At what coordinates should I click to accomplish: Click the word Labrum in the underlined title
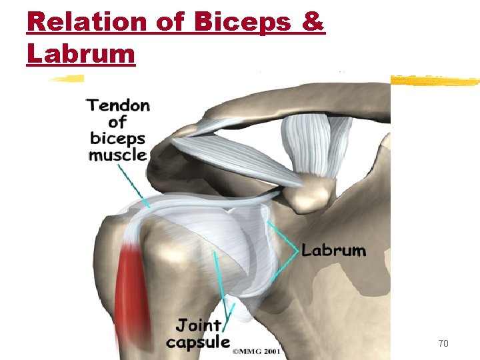click(x=81, y=53)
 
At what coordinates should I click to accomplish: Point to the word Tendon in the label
click(x=119, y=105)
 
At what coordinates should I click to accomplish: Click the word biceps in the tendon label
click(x=118, y=139)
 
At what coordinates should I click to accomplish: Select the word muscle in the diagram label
click(x=118, y=155)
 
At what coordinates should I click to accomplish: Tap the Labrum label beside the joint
click(x=333, y=251)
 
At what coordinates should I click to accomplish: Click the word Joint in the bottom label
click(x=199, y=326)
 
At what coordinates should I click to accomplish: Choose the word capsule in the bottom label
click(x=198, y=342)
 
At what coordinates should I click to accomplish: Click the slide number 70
click(x=443, y=343)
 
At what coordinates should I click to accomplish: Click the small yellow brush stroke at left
click(x=67, y=79)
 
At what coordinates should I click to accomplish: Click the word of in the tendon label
click(x=117, y=122)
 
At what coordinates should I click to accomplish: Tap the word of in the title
click(x=171, y=23)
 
